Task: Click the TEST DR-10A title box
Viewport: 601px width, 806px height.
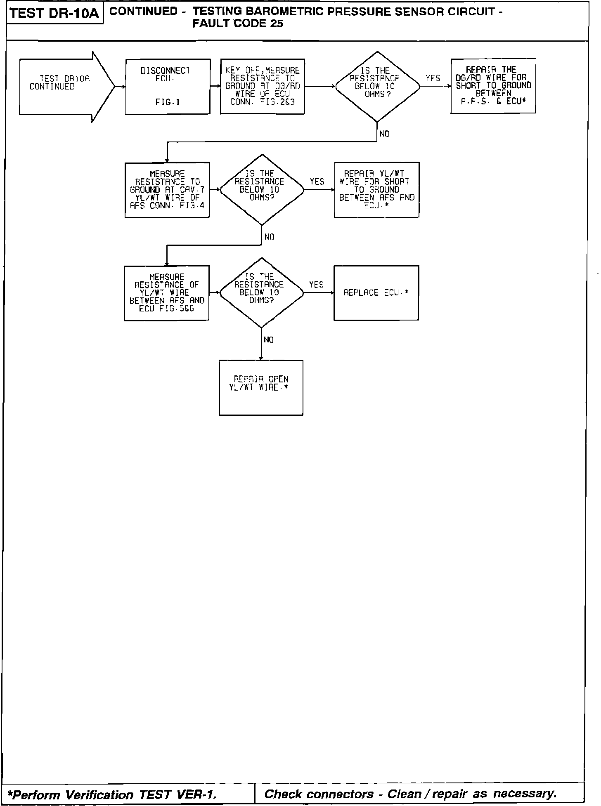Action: pos(54,13)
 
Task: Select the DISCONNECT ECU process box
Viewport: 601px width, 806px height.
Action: pos(168,87)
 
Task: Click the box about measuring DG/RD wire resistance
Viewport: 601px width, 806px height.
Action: pos(263,87)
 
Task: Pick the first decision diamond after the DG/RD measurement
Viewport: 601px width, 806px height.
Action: pos(377,87)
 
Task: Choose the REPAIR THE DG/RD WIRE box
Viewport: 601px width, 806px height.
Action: pos(493,86)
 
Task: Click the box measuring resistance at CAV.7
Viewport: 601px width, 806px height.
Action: pos(167,190)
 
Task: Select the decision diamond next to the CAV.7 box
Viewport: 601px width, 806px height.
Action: pos(262,190)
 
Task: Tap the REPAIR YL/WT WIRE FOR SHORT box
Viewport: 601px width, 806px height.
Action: pos(376,190)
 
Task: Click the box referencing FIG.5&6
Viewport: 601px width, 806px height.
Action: pos(167,293)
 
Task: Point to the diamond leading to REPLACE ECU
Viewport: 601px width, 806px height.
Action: pos(261,293)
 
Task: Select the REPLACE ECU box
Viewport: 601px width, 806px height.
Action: pos(376,293)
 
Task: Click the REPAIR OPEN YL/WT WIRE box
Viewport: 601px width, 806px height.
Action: pos(261,388)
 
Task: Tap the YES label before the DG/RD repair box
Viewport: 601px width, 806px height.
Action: pos(433,78)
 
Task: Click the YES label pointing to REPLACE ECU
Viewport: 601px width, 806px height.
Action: pos(316,285)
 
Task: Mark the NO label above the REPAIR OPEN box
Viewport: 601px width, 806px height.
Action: pos(269,340)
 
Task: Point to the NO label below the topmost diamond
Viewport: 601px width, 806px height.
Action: pos(384,134)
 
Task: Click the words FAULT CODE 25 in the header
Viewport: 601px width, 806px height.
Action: pos(238,24)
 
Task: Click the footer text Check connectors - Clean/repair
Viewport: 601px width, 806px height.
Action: pos(411,794)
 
